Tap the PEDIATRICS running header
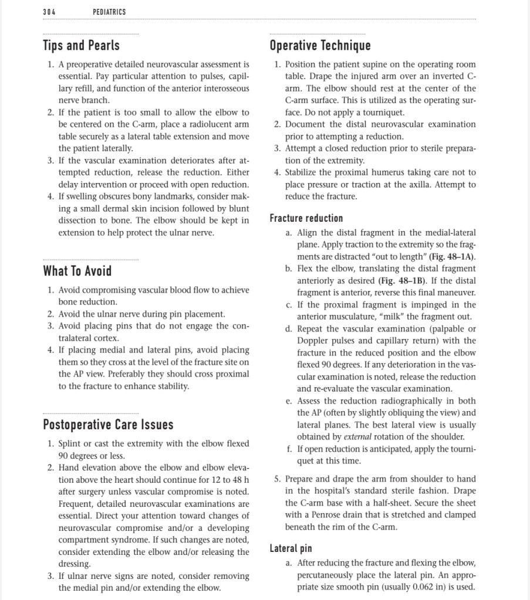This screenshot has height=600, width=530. point(109,12)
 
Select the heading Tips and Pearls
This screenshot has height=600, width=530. point(81,45)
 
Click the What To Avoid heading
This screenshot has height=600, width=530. point(77,270)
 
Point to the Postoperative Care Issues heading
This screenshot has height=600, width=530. point(108,424)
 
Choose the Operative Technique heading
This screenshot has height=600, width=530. point(320,45)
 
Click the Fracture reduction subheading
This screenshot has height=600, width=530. point(306,218)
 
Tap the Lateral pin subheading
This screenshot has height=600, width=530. point(291,549)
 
